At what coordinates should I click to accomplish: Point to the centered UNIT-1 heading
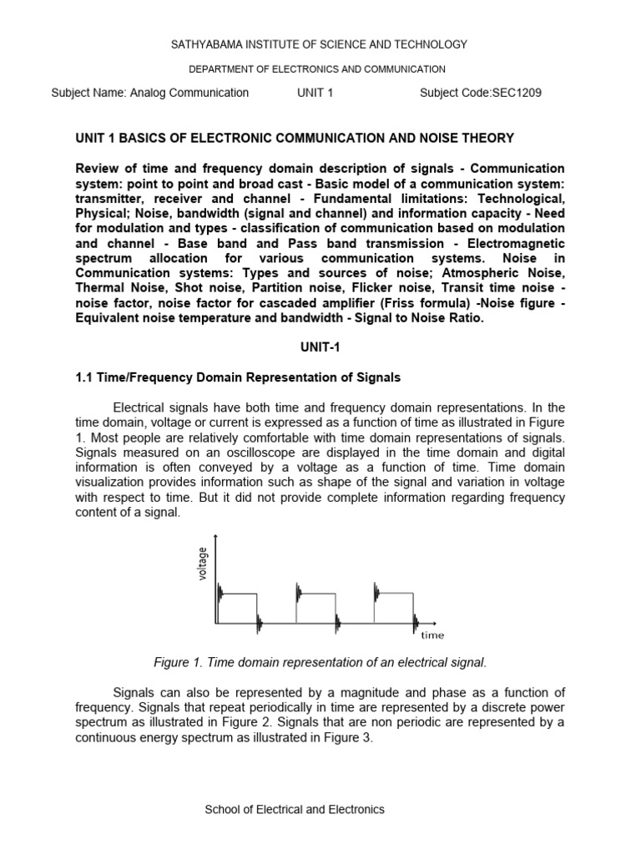point(320,347)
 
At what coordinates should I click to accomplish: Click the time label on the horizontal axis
point(432,635)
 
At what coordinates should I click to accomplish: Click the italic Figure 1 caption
point(320,662)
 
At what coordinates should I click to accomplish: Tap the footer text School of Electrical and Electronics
point(295,809)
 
